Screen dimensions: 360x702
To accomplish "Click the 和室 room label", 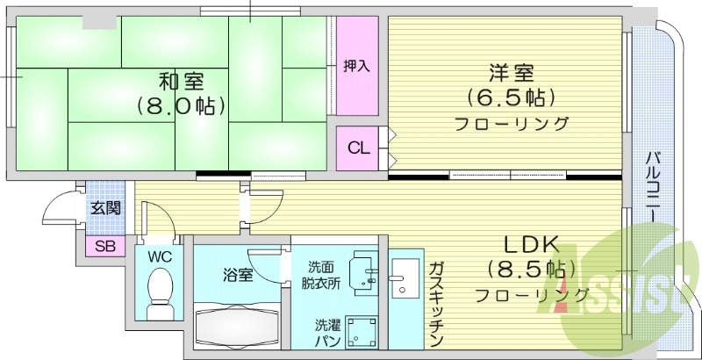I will click(x=182, y=83).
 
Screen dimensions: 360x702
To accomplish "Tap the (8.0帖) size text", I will click(x=182, y=107).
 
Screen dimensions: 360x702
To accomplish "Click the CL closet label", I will click(x=358, y=148).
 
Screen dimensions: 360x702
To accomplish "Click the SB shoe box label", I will click(x=104, y=246).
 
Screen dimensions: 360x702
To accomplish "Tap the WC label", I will click(x=159, y=257).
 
